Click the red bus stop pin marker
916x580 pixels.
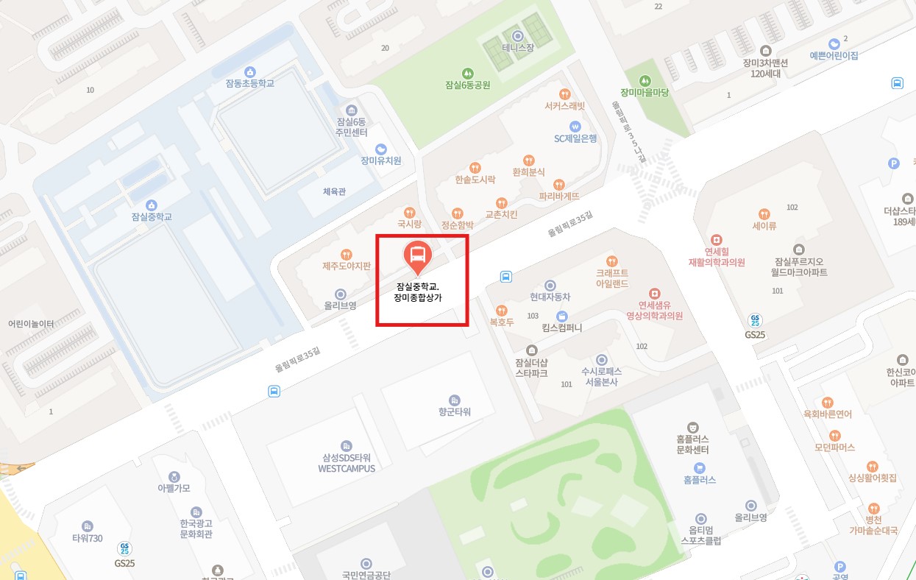pos(417,256)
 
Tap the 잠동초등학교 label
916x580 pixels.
pos(250,83)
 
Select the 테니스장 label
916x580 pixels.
pos(517,47)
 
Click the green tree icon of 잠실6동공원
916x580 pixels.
pos(467,73)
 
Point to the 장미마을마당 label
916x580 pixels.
pos(645,92)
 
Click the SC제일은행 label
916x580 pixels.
pos(575,138)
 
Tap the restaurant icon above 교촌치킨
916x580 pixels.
pos(501,202)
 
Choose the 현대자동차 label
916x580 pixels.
pos(550,297)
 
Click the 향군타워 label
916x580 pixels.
pos(454,411)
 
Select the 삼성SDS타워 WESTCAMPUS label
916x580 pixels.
pos(347,463)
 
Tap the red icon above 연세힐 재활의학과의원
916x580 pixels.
pos(717,240)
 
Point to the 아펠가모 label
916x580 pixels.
pos(174,488)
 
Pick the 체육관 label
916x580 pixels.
pos(334,191)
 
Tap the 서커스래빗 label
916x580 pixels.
pos(564,106)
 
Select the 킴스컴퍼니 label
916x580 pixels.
pos(561,328)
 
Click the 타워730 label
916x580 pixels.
pos(88,537)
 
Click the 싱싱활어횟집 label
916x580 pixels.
pos(873,478)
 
